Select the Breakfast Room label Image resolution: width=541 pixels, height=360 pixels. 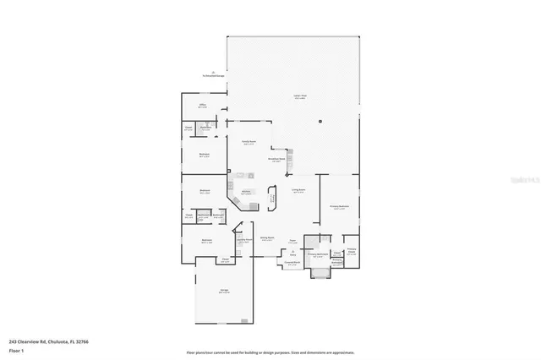(276, 160)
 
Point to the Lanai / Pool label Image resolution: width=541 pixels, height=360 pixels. (298, 96)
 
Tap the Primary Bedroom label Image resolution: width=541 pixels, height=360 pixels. (339, 207)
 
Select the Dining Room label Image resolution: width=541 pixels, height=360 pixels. (266, 239)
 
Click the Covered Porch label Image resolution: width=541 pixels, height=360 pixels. (292, 264)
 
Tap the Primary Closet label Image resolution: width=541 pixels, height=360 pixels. (351, 250)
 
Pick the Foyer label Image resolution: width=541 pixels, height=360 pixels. (292, 241)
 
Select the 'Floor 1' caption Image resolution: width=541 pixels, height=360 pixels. (16, 349)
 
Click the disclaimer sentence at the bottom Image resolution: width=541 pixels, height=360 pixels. (270, 352)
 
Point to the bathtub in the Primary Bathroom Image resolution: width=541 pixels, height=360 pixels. (320, 272)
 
